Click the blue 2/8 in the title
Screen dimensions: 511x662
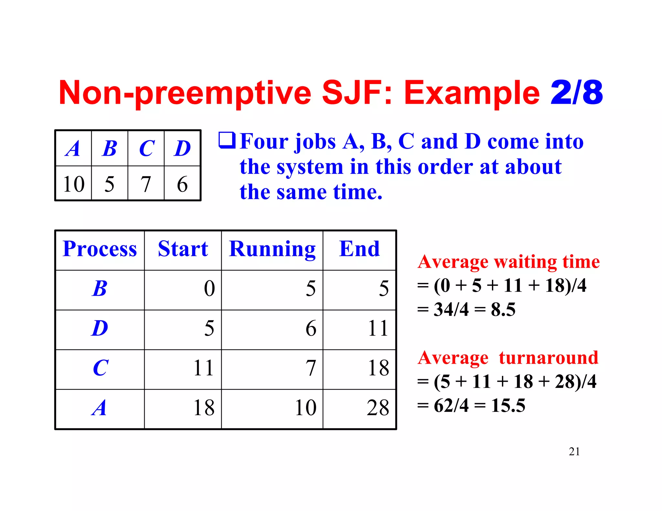577,93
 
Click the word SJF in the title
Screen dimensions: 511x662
357,93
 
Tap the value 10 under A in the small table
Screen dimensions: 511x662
74,184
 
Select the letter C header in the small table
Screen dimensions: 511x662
146,149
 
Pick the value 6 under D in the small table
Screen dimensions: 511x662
182,184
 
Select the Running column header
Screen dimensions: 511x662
272,249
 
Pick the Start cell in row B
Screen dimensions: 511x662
209,288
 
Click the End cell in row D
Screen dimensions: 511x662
378,328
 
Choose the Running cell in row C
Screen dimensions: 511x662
311,368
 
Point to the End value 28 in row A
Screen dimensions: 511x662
378,408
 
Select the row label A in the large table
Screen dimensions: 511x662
99,408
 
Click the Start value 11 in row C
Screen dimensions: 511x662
204,368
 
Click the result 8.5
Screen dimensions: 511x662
503,309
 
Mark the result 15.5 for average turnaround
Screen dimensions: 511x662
508,405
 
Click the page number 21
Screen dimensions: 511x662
574,451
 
